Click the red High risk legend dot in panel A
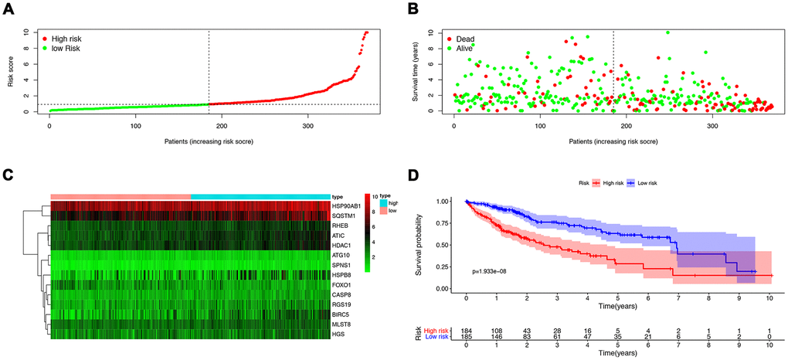point(45,38)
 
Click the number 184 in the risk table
point(466,330)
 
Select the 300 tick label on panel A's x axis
point(263,124)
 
